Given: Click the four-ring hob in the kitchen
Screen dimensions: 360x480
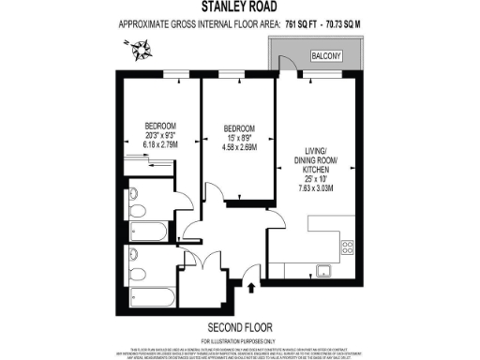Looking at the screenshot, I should click(x=346, y=248).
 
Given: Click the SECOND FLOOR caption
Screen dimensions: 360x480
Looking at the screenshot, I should click(x=239, y=326).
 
